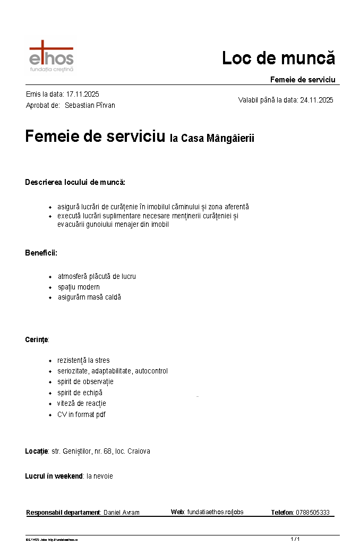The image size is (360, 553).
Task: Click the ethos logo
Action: tap(51, 56)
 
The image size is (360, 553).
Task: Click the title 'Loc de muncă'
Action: tap(278, 58)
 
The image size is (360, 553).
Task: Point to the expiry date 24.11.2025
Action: tap(316, 100)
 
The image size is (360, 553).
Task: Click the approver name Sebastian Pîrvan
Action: tap(90, 105)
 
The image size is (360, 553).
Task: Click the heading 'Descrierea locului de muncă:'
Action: tap(75, 182)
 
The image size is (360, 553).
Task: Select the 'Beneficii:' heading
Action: tap(41, 252)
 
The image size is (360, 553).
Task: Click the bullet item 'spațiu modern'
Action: tap(79, 287)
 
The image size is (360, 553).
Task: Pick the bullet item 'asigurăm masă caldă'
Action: tap(89, 297)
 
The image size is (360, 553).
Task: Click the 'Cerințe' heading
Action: tap(36, 339)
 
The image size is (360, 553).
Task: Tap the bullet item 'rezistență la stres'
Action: tap(83, 360)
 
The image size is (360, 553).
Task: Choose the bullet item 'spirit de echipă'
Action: tap(80, 393)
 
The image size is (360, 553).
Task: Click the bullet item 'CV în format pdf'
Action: tap(81, 414)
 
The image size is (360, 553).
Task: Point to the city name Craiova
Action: tap(138, 451)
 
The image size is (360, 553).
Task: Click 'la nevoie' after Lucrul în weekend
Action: tap(99, 476)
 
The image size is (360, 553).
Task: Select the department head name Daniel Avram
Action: tap(121, 513)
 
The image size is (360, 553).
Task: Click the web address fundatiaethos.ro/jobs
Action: tap(215, 512)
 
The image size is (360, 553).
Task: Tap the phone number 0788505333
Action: tap(312, 513)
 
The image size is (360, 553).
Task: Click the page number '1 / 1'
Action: tap(295, 539)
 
